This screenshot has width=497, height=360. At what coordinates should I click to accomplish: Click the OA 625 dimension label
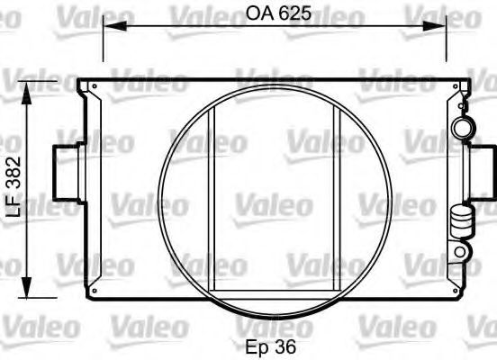click(x=278, y=13)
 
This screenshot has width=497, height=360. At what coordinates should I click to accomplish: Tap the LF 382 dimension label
click(x=14, y=186)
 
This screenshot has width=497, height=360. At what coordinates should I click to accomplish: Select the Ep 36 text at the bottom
click(x=271, y=346)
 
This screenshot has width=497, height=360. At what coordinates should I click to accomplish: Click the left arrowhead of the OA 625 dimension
click(x=114, y=26)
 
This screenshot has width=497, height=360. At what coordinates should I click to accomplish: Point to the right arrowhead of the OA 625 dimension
click(x=434, y=26)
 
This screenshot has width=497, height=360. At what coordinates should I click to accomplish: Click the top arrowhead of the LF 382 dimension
click(x=27, y=93)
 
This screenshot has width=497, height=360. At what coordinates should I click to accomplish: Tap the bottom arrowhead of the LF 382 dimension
click(x=27, y=286)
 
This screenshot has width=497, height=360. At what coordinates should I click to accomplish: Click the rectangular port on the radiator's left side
click(x=66, y=173)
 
